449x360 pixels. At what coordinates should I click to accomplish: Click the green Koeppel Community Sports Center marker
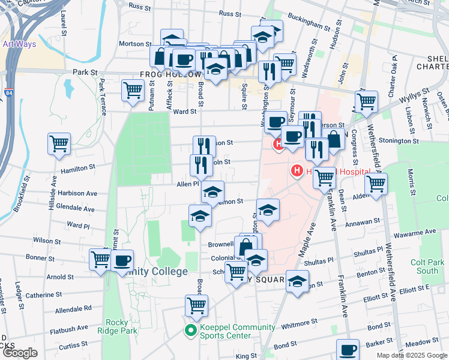tap(191, 331)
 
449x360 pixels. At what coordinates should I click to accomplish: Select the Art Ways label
tap(19, 44)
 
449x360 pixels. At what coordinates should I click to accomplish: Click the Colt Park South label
tap(427, 266)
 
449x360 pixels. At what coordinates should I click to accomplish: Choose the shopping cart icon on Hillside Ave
tap(59, 143)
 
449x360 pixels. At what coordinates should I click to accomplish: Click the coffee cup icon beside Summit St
tap(122, 260)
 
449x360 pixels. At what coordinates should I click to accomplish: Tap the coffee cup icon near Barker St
tap(347, 349)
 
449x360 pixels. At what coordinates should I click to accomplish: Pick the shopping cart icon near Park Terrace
tap(133, 90)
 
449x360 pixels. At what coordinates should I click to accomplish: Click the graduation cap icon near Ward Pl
tap(200, 215)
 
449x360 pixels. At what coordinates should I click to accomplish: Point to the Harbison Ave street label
tap(77, 194)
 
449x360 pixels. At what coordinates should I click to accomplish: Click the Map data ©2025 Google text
tap(412, 355)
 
